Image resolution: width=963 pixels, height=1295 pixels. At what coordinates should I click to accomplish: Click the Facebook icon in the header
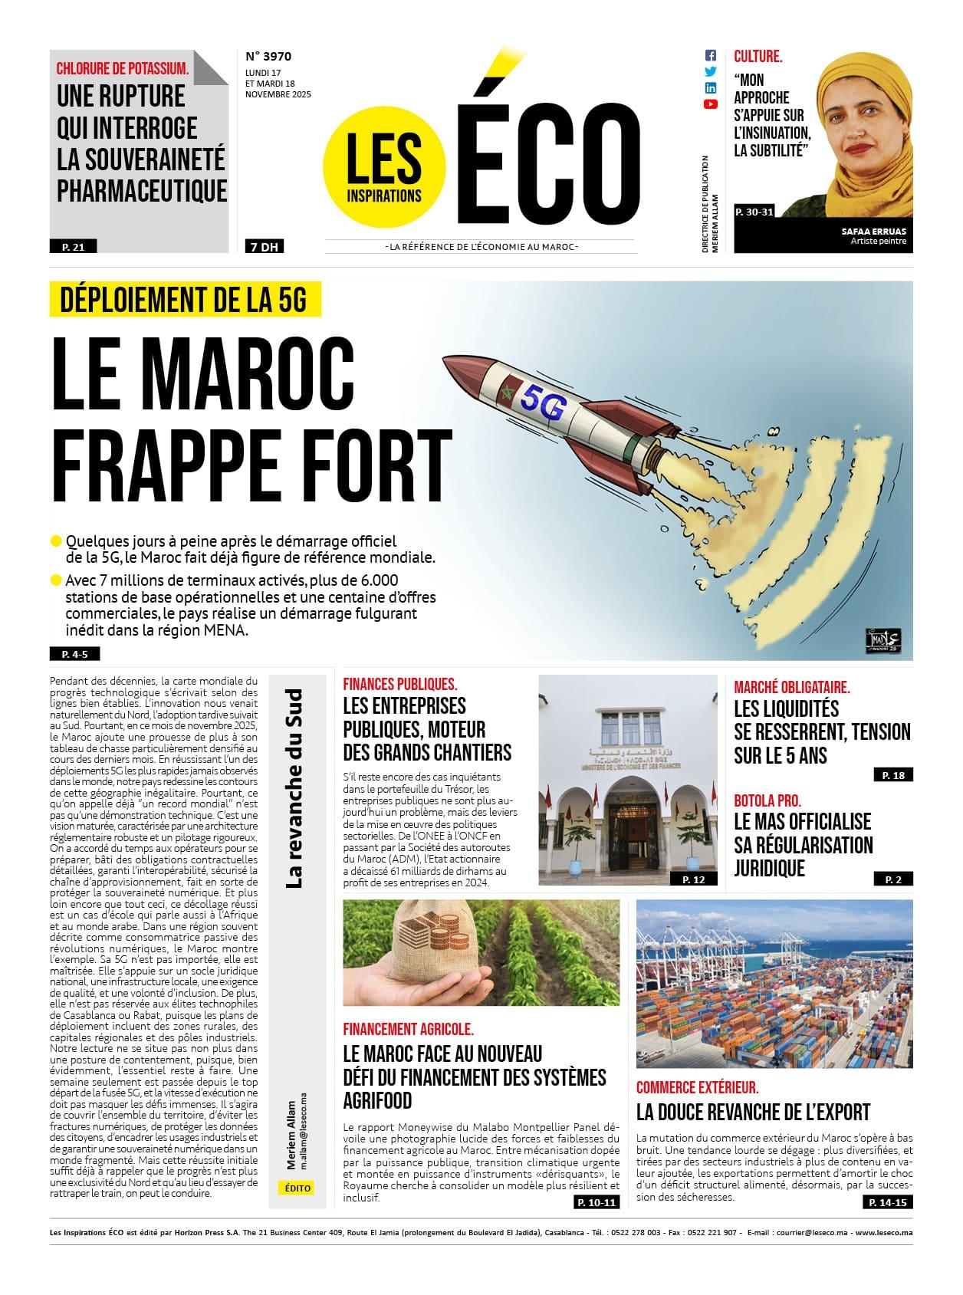(710, 56)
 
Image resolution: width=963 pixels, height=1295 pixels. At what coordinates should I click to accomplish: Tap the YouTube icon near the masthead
(710, 104)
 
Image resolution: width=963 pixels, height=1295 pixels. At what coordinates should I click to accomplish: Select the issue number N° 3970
(268, 56)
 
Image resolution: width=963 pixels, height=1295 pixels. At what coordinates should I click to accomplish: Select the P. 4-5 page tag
(74, 654)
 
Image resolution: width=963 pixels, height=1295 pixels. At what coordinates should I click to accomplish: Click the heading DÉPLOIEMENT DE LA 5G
(184, 300)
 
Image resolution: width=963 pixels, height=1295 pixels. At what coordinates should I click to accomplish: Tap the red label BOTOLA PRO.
(767, 800)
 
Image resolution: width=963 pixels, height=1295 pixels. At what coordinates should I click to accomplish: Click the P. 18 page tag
(893, 775)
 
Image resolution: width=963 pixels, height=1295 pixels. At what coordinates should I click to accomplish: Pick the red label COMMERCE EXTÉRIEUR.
(698, 1087)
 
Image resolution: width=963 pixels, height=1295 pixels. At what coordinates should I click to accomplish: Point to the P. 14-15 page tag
(889, 1203)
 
